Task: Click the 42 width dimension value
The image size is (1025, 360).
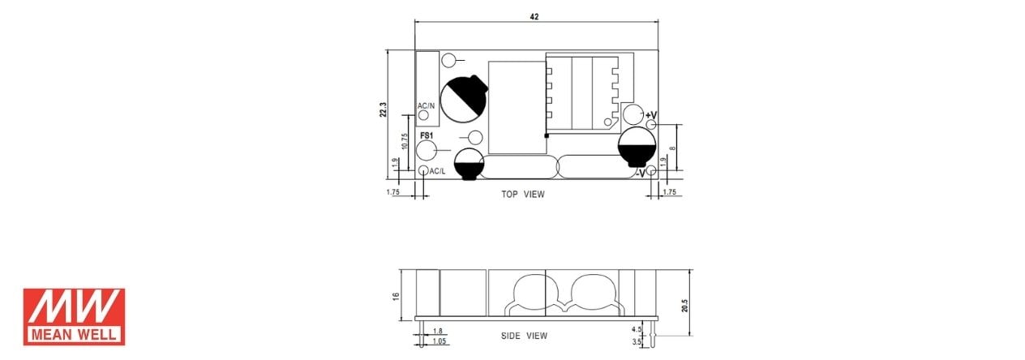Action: [534, 17]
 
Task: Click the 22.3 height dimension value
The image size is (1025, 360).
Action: [384, 109]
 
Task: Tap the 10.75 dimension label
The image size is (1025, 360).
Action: [404, 141]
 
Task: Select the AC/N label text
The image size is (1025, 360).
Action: [426, 106]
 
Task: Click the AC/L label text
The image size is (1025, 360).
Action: [437, 172]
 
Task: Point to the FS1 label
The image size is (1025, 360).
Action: [427, 135]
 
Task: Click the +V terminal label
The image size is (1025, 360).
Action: [650, 115]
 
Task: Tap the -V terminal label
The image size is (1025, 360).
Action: [640, 174]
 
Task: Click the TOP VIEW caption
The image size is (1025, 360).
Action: [523, 195]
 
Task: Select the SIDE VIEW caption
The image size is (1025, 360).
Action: [524, 336]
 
